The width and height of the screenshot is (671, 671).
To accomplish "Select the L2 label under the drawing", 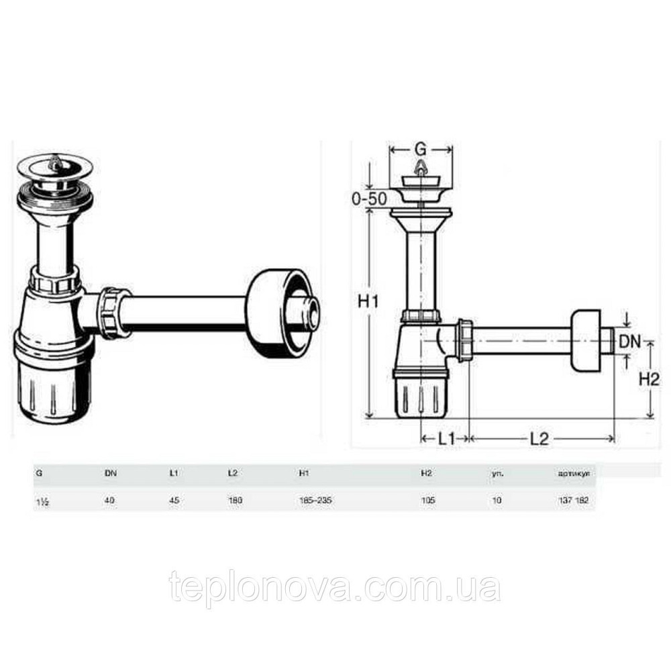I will coord(539,440).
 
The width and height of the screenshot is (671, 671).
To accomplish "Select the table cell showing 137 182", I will coord(573,500).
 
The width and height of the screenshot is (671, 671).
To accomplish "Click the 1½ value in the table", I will coord(42,500).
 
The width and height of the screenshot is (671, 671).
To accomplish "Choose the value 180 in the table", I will coord(235,500).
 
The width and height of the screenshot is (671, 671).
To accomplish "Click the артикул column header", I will coord(573,474).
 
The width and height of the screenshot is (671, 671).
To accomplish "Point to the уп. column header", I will coord(497,474).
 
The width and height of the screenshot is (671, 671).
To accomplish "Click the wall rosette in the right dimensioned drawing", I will coord(586,341).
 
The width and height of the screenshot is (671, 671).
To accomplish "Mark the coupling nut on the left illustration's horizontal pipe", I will coord(113,312).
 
